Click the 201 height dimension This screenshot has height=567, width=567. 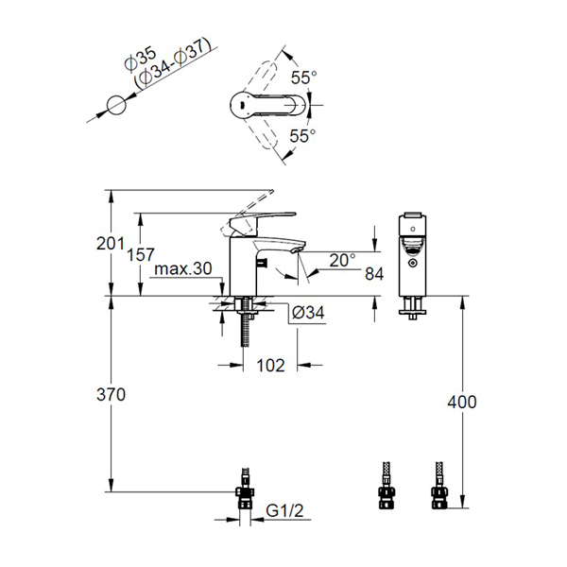point(111,244)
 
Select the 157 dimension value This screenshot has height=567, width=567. point(141,255)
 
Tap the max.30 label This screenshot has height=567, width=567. point(183,269)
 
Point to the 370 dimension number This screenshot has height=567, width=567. point(111,394)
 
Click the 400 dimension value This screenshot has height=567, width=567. point(462,403)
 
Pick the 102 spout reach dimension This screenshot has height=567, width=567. point(271,366)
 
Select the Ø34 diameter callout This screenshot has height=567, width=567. point(308,313)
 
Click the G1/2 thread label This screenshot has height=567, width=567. point(285,511)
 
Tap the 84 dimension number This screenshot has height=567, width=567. point(374,274)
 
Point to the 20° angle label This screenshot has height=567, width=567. point(342,261)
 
